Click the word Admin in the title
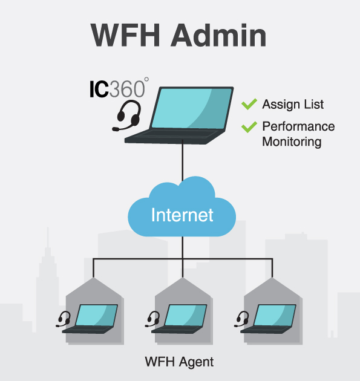[x=219, y=35]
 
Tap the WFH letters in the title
[x=125, y=35]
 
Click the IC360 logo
[x=119, y=88]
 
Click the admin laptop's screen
[x=192, y=108]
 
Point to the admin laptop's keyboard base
[x=174, y=137]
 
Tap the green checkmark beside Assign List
[x=249, y=104]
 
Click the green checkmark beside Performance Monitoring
[x=249, y=127]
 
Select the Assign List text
[x=293, y=105]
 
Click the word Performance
[x=298, y=126]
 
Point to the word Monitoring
[x=292, y=142]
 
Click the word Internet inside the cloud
[x=182, y=215]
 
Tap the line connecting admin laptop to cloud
[x=183, y=160]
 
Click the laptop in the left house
[x=90, y=319]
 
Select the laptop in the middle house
[x=179, y=319]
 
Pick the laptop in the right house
[x=269, y=319]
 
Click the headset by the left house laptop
[x=64, y=319]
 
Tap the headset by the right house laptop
[x=242, y=319]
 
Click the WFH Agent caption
[x=179, y=362]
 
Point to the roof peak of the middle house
[x=183, y=278]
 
